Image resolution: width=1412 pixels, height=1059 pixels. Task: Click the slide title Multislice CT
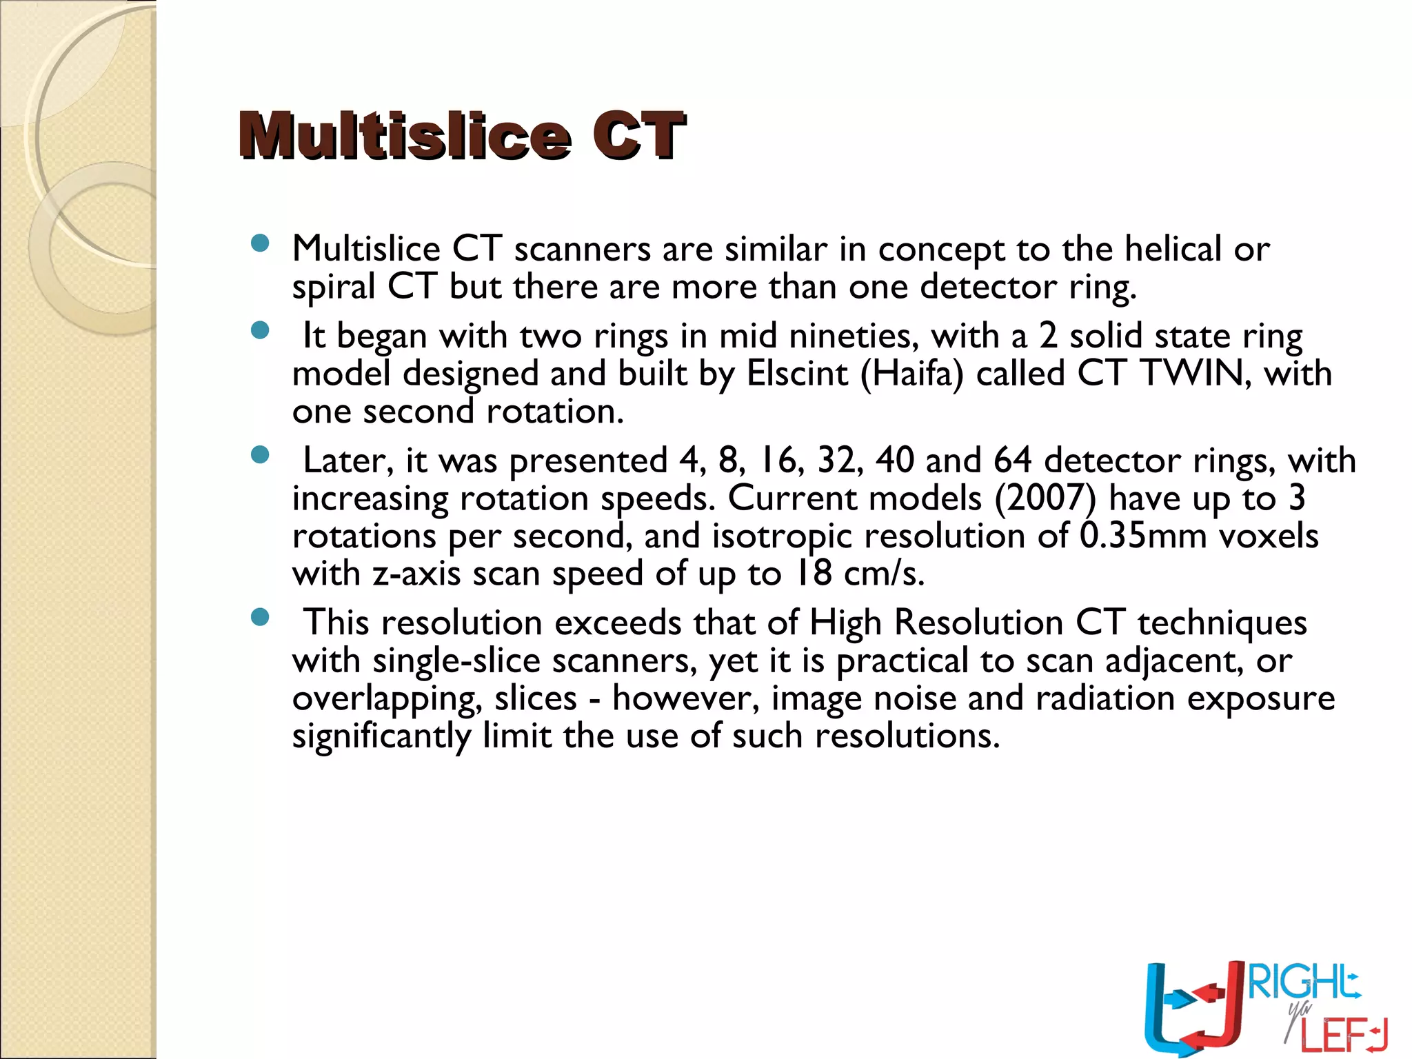pyautogui.click(x=462, y=135)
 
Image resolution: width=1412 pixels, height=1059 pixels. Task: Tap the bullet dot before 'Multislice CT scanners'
pyautogui.click(x=260, y=243)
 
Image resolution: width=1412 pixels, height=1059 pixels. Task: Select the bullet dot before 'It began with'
pyautogui.click(x=260, y=331)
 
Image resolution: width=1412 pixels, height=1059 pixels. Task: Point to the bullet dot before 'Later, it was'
pyautogui.click(x=260, y=455)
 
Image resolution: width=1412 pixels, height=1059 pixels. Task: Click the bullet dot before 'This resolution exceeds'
pyautogui.click(x=260, y=617)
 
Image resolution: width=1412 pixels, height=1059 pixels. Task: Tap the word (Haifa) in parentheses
pyautogui.click(x=911, y=374)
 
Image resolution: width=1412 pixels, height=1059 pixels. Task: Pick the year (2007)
pyautogui.click(x=1045, y=498)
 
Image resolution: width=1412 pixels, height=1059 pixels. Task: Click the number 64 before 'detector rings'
pyautogui.click(x=1012, y=461)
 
